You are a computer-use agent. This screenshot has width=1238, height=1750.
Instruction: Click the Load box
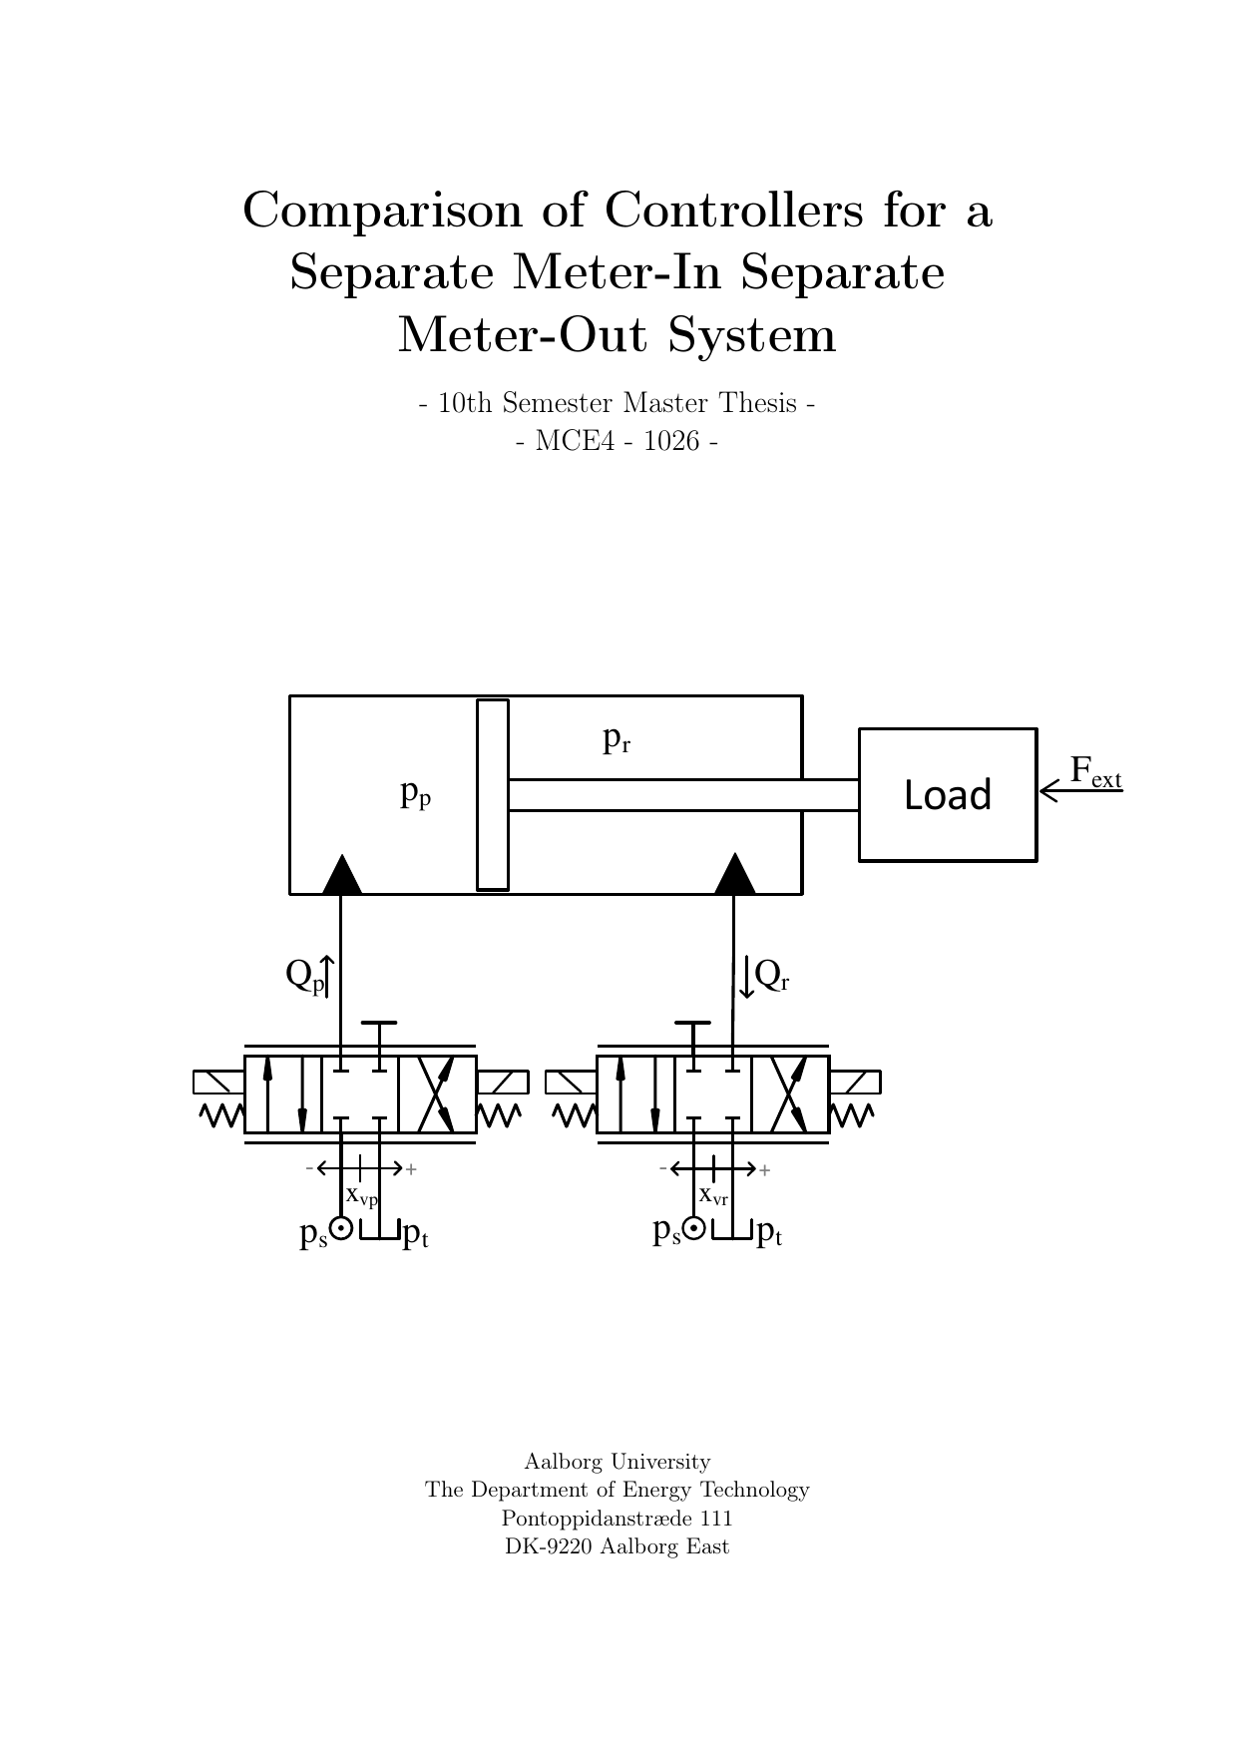click(x=947, y=795)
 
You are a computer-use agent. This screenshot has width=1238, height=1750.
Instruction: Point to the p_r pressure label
click(x=617, y=739)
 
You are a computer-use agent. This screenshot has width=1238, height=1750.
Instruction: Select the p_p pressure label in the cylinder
click(x=415, y=794)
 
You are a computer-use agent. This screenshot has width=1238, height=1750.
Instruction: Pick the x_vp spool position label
click(x=361, y=1195)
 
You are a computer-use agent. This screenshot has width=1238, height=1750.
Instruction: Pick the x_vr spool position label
click(x=713, y=1195)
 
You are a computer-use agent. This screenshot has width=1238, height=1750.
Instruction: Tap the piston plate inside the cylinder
click(x=493, y=794)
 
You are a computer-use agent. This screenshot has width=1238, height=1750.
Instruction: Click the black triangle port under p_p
click(x=342, y=876)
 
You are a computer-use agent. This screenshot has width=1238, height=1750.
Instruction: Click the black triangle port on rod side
click(x=735, y=876)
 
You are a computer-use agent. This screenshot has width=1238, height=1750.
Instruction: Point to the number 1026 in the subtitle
click(x=671, y=441)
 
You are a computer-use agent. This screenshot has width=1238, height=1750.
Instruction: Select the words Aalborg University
click(x=618, y=1462)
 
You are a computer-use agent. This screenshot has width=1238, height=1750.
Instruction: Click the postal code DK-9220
click(x=548, y=1546)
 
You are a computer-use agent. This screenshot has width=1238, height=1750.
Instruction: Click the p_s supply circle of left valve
click(x=341, y=1229)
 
